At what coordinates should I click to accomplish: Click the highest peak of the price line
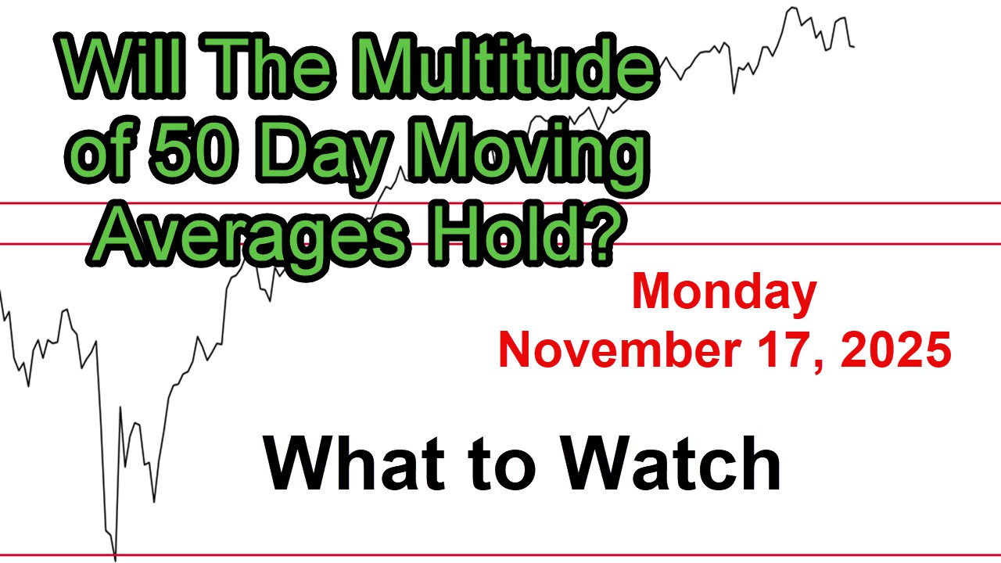[x=791, y=8]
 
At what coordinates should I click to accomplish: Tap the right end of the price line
[x=853, y=47]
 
